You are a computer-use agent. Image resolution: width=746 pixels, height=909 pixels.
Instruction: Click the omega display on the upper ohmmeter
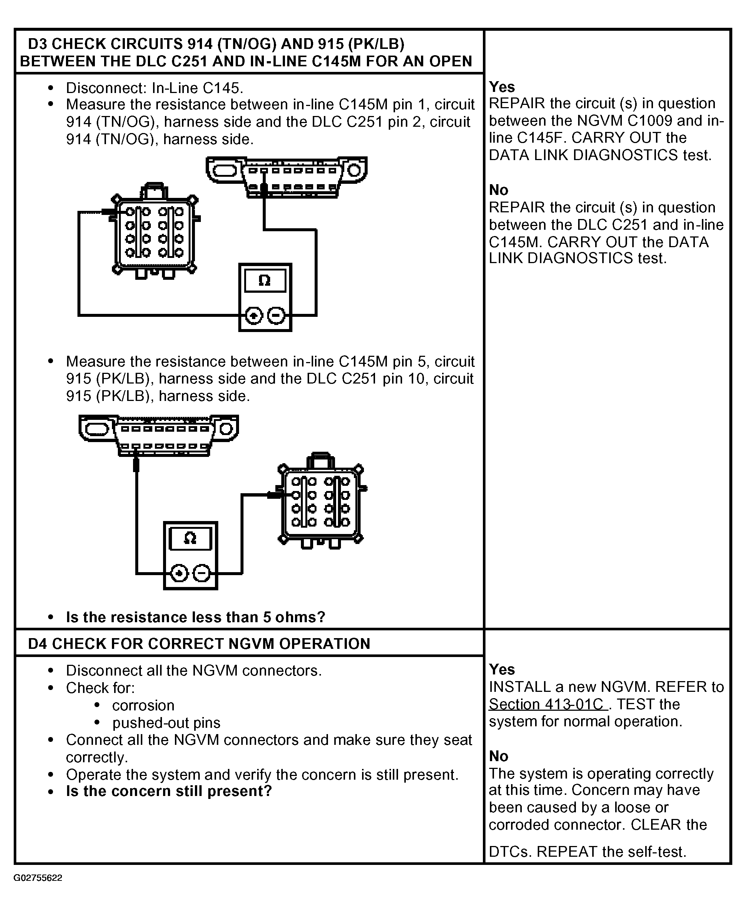(265, 281)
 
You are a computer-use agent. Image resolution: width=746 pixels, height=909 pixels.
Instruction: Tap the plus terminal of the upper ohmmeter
(253, 316)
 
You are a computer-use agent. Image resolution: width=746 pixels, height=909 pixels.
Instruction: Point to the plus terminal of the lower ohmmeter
(179, 574)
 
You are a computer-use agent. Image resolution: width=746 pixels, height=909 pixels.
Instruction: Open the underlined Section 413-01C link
(548, 704)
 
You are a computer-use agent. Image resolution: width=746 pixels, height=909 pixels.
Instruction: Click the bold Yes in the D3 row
(501, 87)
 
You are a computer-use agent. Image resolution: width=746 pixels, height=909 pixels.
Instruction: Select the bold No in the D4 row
(498, 756)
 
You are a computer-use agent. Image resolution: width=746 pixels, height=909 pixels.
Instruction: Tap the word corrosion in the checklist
(143, 706)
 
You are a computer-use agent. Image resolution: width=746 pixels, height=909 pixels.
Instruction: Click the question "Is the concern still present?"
(169, 791)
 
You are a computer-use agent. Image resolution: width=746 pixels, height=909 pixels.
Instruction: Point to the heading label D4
(38, 644)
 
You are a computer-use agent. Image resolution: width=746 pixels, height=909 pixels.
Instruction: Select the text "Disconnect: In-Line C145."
(154, 88)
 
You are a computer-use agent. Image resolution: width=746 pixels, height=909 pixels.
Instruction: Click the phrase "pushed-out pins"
(166, 723)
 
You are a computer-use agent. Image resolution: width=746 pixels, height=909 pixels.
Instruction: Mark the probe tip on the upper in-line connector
(110, 212)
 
